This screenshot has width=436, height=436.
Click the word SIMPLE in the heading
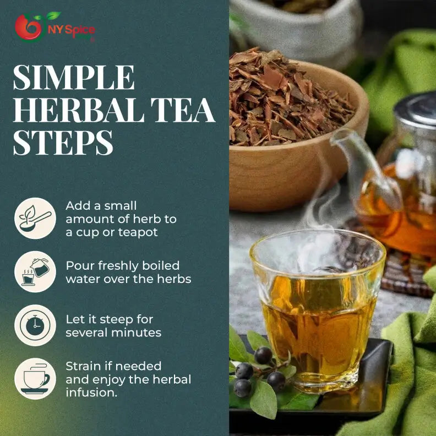tap(73, 78)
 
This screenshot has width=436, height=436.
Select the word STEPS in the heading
tap(63, 143)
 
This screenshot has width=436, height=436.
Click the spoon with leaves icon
tap(35, 219)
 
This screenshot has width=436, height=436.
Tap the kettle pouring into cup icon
tap(35, 272)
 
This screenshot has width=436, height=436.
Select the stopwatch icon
tap(35, 325)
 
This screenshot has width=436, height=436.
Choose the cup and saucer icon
tap(35, 379)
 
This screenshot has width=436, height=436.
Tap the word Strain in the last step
tap(82, 366)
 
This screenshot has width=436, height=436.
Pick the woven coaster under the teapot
tap(405, 275)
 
